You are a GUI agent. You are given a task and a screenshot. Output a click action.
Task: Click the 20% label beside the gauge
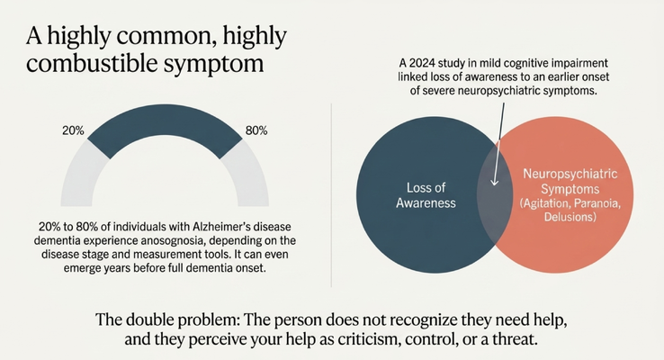[73, 130]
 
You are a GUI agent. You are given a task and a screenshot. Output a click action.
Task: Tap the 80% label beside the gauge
[256, 130]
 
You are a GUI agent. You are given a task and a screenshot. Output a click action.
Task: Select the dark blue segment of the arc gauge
[165, 122]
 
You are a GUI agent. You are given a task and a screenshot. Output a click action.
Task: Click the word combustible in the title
[93, 63]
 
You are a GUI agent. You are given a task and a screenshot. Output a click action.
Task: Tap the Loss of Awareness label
[426, 195]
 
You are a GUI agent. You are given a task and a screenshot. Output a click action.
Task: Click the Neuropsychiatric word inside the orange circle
[570, 174]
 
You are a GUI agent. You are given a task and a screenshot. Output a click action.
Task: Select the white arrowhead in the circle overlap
[494, 182]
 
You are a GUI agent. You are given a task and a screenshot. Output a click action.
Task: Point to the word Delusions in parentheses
[570, 217]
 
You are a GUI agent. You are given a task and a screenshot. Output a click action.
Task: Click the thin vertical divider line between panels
[331, 195]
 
